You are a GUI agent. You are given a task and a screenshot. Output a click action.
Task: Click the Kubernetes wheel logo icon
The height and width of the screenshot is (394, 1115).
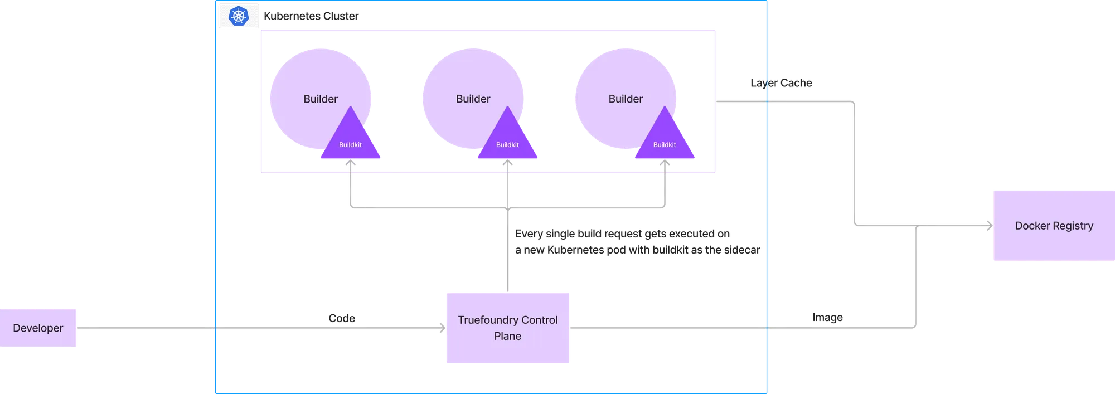point(239,16)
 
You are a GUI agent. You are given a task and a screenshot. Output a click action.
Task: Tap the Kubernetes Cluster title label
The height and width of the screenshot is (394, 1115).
point(312,16)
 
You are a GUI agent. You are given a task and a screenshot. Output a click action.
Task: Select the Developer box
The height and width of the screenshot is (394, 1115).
point(38,328)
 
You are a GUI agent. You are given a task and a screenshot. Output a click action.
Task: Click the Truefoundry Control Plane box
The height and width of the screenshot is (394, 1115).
point(507,328)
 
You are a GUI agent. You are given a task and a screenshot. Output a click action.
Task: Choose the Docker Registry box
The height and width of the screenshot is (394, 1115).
point(1053,226)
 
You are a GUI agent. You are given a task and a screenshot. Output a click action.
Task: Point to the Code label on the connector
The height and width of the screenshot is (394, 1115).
point(342,318)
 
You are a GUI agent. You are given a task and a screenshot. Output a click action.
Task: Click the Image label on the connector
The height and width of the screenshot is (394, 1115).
point(827,317)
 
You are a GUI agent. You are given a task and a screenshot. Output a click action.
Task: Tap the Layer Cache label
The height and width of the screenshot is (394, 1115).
point(780,83)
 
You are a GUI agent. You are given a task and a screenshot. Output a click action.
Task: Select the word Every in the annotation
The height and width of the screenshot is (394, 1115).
point(529,234)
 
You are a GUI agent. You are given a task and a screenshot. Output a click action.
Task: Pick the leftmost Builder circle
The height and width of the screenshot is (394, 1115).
point(312,89)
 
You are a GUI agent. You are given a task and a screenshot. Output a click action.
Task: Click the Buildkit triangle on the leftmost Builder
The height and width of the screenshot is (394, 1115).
point(350,142)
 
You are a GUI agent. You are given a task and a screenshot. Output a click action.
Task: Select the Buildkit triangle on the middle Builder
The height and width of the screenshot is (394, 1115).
point(507,142)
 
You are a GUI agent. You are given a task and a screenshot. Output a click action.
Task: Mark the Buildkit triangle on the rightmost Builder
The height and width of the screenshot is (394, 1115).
point(665,142)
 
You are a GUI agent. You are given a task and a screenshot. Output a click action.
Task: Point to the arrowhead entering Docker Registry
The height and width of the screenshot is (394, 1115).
point(989,226)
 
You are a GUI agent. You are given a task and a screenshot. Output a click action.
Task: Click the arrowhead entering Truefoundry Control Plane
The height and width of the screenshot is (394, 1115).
point(442,328)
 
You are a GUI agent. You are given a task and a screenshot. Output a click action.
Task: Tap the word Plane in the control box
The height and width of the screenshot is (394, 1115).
point(507,336)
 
